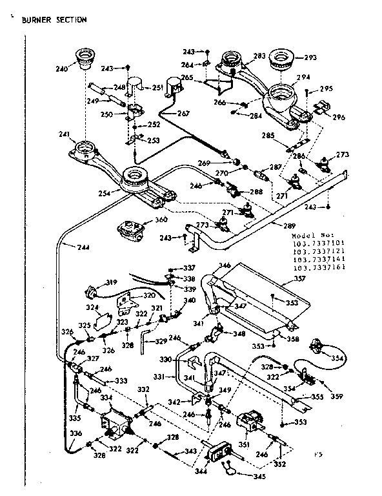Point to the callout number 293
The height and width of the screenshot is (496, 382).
click(310, 57)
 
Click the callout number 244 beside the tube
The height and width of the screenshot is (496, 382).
click(83, 247)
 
